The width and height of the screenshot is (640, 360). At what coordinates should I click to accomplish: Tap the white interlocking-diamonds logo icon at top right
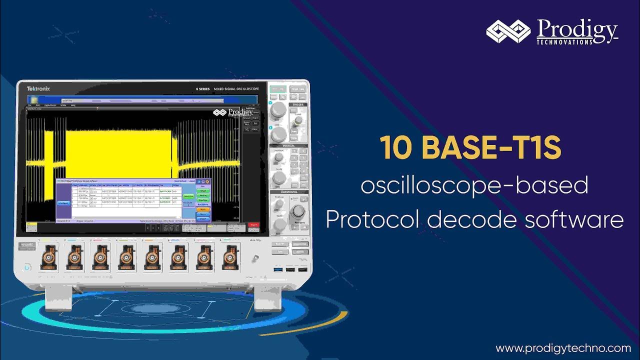pos(508,32)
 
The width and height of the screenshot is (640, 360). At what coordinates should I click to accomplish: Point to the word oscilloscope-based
pos(474,186)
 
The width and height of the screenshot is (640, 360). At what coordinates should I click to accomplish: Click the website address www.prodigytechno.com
pos(563,348)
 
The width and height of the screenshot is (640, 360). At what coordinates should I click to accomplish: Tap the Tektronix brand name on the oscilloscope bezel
pos(38,88)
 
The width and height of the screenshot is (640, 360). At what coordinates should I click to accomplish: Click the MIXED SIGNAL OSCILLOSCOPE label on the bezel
pos(240,89)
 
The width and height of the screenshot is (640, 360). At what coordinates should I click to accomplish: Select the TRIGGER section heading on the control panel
pos(298,104)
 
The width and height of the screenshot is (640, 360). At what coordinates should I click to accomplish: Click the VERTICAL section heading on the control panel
pos(289,146)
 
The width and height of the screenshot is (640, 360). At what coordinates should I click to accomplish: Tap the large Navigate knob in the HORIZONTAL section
pos(298,211)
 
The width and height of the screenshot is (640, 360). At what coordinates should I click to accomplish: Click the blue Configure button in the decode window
pos(63,203)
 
